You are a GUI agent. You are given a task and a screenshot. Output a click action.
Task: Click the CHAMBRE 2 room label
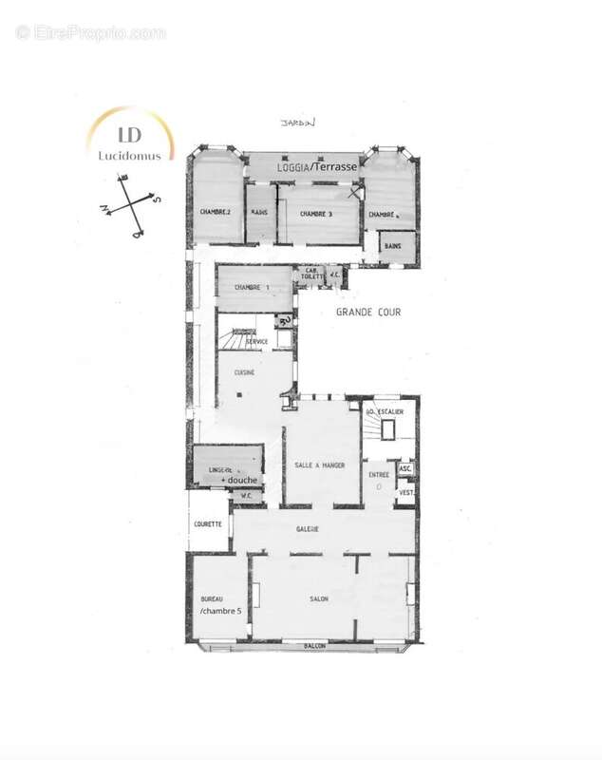(216, 212)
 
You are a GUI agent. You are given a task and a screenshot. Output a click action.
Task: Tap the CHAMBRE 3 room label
(317, 214)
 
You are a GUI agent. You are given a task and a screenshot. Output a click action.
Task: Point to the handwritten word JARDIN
(296, 123)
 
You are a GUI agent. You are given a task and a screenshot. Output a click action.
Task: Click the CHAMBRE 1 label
(252, 287)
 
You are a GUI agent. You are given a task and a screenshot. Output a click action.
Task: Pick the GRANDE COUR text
(368, 312)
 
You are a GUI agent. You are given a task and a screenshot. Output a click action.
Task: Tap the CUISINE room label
(244, 372)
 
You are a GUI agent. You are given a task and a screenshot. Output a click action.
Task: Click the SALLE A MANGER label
(319, 465)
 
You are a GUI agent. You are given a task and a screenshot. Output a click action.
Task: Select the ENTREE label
(379, 474)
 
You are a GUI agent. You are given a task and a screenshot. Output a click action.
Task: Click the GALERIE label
(306, 529)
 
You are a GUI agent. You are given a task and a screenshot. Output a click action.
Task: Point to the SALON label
(319, 599)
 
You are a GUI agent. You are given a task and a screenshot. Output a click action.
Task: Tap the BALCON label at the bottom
(315, 646)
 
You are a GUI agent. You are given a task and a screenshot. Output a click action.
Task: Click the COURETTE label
(208, 523)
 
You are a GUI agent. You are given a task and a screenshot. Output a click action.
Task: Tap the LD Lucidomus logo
(126, 139)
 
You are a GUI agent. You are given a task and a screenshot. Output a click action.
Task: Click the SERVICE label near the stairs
(256, 341)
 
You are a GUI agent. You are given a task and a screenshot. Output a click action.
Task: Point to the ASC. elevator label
(405, 469)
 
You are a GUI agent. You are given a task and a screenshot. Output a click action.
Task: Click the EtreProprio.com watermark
(90, 32)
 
